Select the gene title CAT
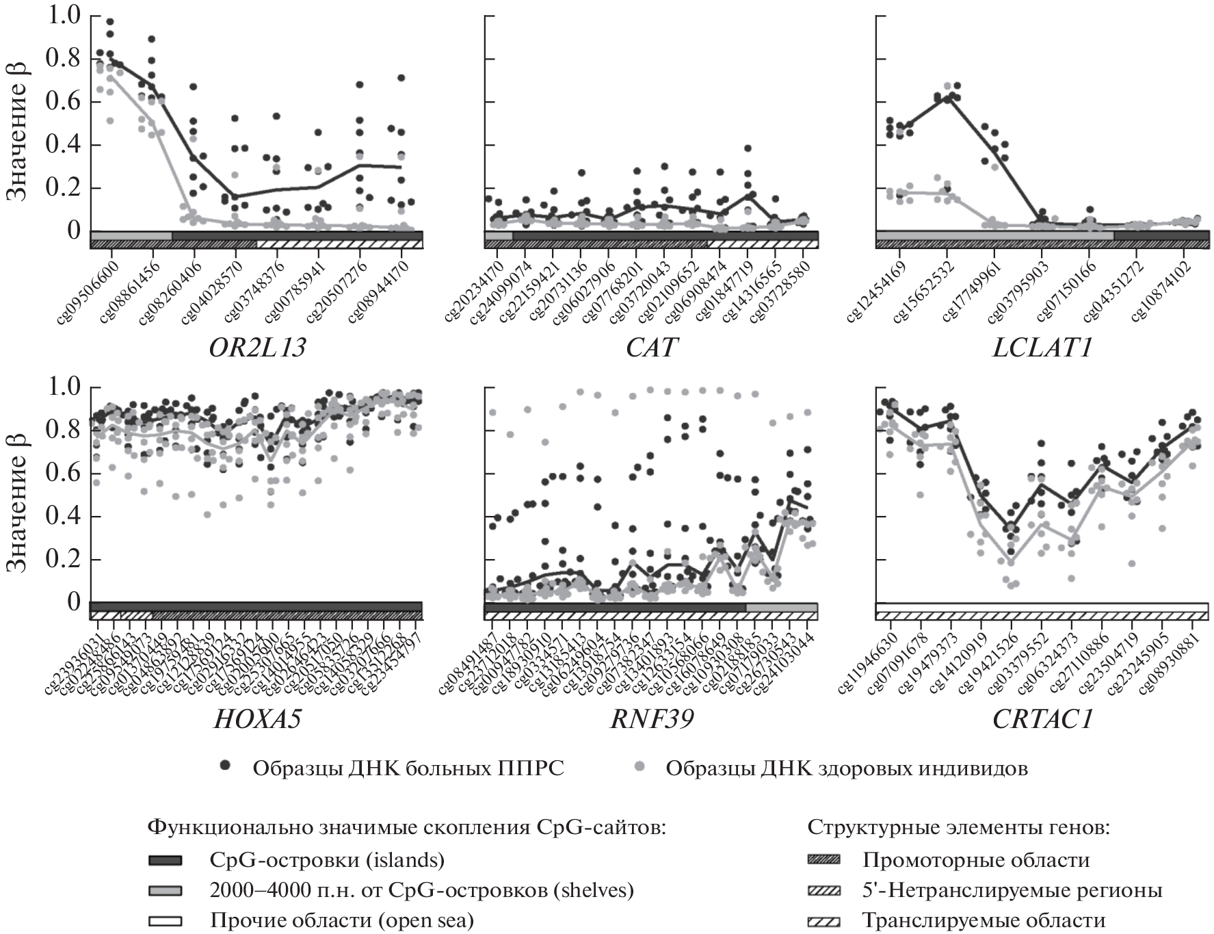click(x=651, y=348)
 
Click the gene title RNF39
click(x=651, y=719)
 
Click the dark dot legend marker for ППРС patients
click(x=224, y=767)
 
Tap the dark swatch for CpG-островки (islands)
click(x=165, y=860)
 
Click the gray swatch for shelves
click(x=165, y=890)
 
